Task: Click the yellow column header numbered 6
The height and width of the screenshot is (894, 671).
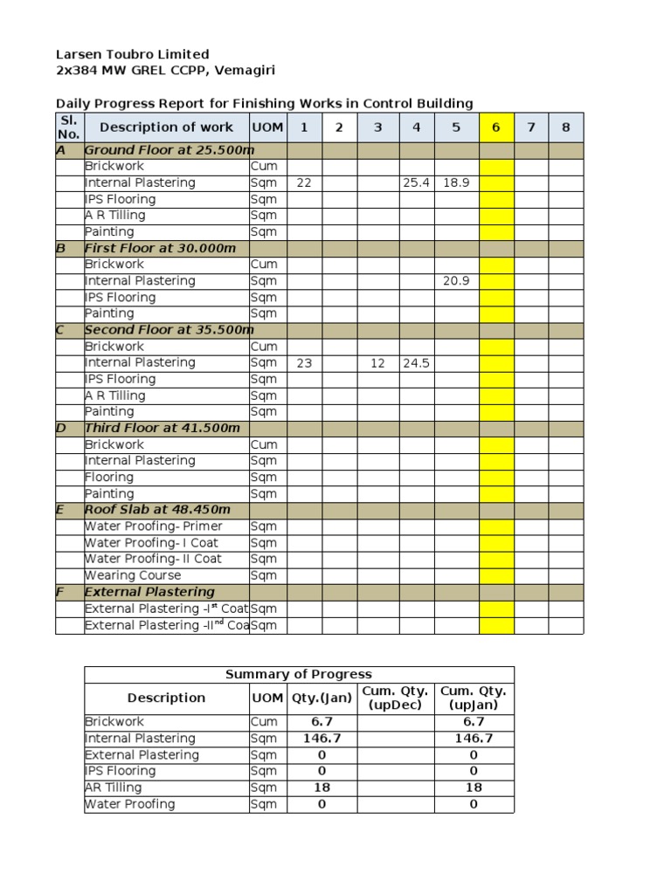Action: (495, 127)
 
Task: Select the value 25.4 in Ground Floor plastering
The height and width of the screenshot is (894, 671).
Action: (416, 182)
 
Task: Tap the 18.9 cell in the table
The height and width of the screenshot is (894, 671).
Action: (455, 182)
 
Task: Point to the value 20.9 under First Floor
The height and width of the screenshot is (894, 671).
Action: (455, 281)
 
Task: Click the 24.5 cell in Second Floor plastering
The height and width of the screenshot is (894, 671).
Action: (416, 362)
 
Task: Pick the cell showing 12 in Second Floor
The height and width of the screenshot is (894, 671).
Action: (377, 362)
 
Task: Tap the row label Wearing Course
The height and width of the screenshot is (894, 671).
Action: (133, 575)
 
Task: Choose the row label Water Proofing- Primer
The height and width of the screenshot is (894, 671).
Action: (153, 526)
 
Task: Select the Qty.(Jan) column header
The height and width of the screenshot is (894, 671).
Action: (322, 698)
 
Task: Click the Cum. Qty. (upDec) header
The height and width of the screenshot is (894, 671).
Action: (396, 698)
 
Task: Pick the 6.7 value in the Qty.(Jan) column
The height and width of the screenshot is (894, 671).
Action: (322, 722)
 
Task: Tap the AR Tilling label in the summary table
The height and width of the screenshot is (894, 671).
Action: (113, 787)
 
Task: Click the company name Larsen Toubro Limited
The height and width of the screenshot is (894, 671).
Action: (132, 55)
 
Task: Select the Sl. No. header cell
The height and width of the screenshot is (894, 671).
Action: (68, 127)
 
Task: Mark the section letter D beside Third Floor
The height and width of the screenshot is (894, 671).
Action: (61, 428)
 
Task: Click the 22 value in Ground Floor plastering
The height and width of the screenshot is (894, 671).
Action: (303, 182)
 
